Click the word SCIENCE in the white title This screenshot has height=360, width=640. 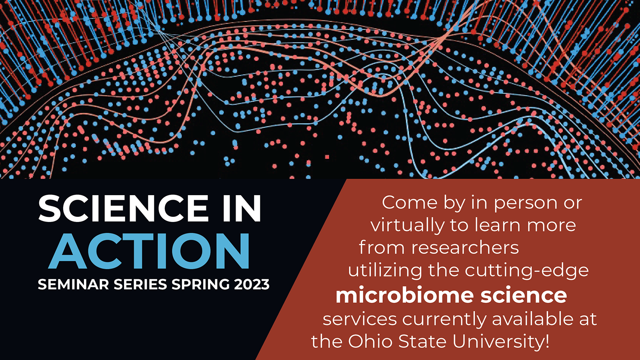(x=123, y=208)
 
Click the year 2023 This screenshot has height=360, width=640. (x=252, y=284)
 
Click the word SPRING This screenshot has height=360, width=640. (x=200, y=284)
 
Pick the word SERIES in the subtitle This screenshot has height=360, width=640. (x=140, y=284)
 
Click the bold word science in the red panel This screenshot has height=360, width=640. (x=524, y=296)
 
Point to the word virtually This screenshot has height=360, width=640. (x=408, y=226)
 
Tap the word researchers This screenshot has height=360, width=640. (x=465, y=248)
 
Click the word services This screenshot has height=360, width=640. (x=360, y=318)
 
